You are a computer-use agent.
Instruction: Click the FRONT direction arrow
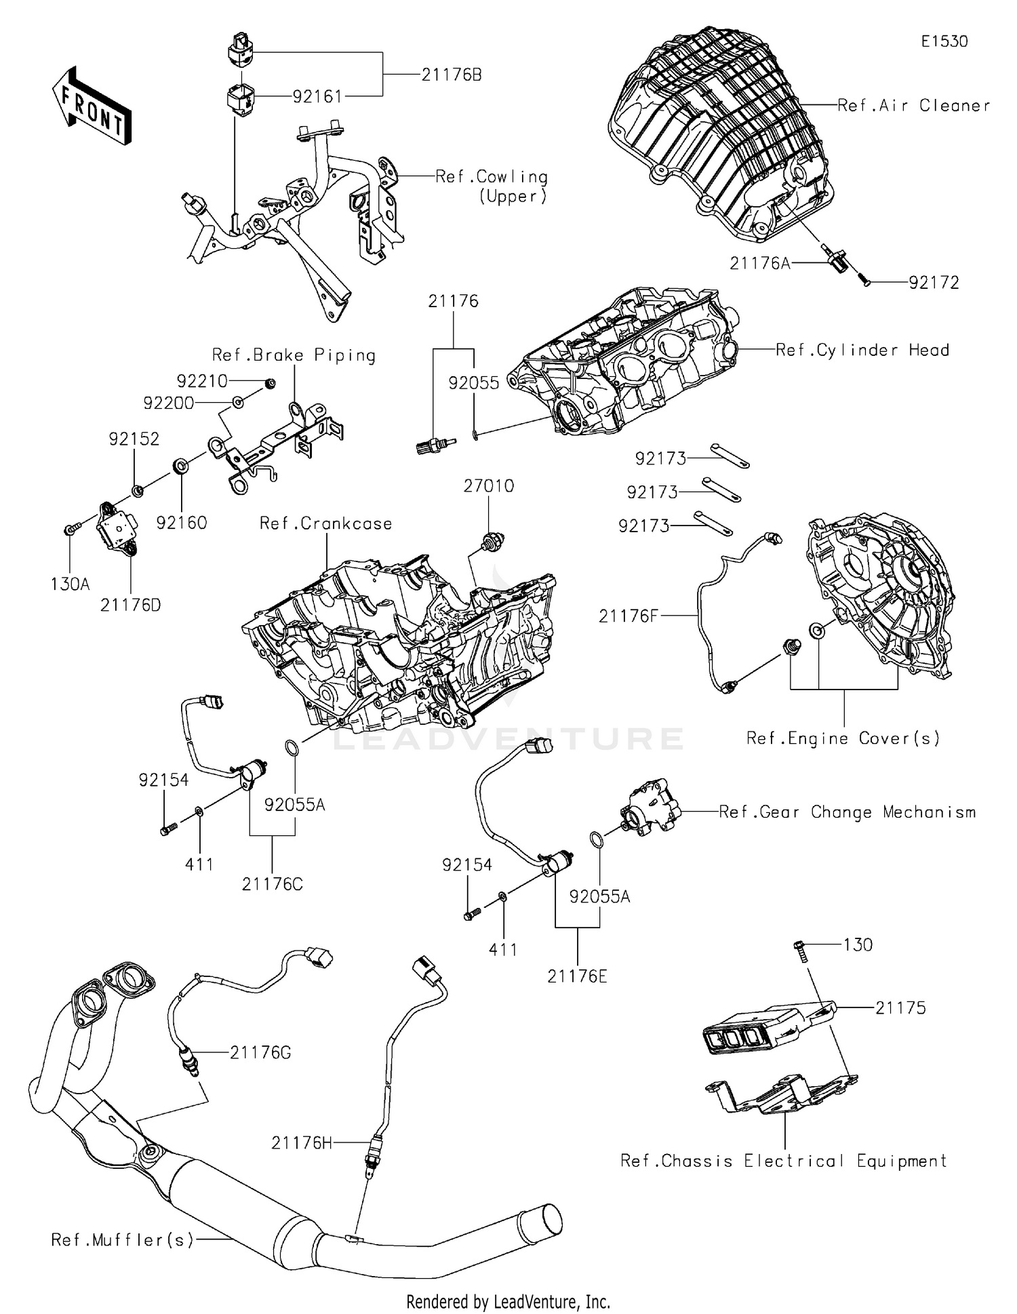pos(91,106)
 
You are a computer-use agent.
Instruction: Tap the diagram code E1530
pos(944,41)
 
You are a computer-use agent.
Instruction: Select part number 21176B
pos(451,75)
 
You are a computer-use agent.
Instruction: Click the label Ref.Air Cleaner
pos(913,105)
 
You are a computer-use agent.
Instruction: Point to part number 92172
pos(934,283)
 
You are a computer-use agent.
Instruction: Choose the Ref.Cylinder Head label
pos(862,350)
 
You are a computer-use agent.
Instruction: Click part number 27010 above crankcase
pos(488,485)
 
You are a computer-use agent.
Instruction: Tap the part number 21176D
pos(130,605)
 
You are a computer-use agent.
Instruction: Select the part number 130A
pos(70,584)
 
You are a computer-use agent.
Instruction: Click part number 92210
pos(202,381)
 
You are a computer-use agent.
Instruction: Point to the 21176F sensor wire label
pos(628,616)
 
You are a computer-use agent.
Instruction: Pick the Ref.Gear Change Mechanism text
pos(847,812)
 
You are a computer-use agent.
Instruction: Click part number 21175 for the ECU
pos(900,1008)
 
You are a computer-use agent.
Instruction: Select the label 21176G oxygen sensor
pos(260,1052)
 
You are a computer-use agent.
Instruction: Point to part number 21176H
pos(301,1143)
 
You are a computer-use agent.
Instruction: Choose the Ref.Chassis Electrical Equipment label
pos(783,1161)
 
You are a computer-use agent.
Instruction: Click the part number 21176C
pos(272,884)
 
